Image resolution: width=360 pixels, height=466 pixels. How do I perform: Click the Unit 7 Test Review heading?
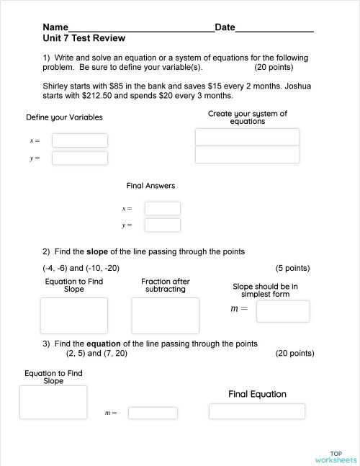(84, 39)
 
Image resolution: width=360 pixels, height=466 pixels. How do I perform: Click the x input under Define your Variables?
(79, 140)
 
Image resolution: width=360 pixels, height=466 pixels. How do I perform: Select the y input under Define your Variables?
(79, 158)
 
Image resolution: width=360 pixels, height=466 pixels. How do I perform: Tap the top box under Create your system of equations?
(247, 137)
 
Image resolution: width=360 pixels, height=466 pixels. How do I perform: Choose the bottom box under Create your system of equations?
(247, 155)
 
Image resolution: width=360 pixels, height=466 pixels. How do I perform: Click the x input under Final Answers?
(162, 208)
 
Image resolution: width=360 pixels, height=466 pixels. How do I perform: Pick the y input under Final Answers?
(162, 225)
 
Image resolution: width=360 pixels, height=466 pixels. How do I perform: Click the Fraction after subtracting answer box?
(165, 315)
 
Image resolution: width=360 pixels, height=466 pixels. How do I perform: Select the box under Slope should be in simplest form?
(282, 311)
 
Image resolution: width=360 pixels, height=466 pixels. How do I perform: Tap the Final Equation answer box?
(256, 411)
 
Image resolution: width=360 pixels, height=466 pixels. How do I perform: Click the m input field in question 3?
(153, 413)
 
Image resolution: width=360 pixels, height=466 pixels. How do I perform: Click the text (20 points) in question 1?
(274, 67)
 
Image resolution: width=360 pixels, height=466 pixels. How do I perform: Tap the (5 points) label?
(292, 268)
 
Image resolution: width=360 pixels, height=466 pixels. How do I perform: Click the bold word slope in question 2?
(97, 251)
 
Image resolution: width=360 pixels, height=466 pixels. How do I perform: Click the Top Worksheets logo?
(336, 457)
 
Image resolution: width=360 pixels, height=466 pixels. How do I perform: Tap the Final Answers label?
(150, 186)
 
